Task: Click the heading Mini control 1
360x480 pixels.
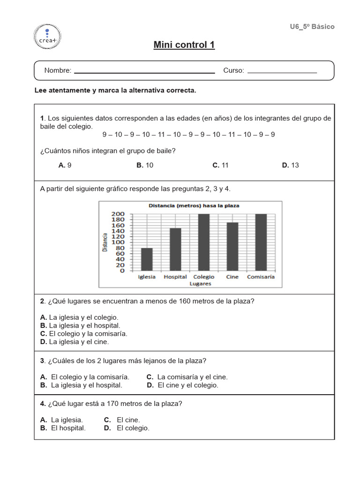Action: tap(184, 45)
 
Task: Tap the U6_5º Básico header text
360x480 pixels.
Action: tap(312, 27)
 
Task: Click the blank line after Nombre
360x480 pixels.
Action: tap(144, 72)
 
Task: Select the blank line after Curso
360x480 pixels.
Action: tap(282, 72)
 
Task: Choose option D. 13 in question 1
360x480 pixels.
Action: tap(291, 165)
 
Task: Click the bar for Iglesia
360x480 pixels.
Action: tap(147, 259)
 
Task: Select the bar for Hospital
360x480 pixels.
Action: tap(175, 249)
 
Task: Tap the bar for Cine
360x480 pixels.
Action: tap(232, 247)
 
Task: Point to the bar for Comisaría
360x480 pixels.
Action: tap(261, 242)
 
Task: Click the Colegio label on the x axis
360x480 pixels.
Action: tap(203, 277)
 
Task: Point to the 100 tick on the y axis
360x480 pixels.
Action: tap(118, 242)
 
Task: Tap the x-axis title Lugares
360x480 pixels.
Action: tap(200, 284)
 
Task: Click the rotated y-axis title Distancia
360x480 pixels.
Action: tap(105, 242)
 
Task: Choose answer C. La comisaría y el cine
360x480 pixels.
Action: tap(187, 377)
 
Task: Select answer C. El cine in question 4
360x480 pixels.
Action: tap(122, 420)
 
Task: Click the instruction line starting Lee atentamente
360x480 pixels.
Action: tap(115, 90)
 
